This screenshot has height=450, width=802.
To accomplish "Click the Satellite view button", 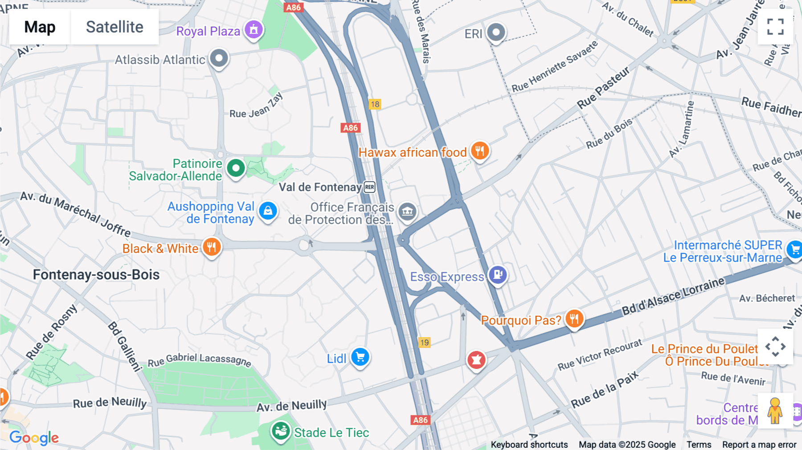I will (x=115, y=27).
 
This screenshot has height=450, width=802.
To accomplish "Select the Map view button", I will (x=40, y=27).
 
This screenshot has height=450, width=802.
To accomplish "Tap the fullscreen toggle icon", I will (x=775, y=27).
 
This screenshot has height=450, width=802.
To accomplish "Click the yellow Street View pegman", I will (x=775, y=410).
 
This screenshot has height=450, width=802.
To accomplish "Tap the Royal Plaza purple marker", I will (x=254, y=30).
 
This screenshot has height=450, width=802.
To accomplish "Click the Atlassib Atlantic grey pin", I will (x=219, y=58).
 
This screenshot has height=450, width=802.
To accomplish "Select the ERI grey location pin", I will (x=496, y=32).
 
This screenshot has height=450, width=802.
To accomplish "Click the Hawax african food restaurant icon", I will (x=480, y=151).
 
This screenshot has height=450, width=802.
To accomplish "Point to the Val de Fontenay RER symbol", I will (x=369, y=187).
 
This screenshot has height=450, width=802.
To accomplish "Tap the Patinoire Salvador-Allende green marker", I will (x=236, y=168).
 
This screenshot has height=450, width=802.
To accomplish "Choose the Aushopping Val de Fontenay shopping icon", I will (x=268, y=211).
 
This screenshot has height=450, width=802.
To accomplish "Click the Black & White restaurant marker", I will (x=212, y=246).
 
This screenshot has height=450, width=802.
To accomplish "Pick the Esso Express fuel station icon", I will (x=498, y=274).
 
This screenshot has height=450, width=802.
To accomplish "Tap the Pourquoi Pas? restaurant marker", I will (x=574, y=319).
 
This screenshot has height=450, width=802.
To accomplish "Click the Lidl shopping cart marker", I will (x=360, y=357).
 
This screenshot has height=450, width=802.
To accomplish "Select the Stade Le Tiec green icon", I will (x=281, y=431).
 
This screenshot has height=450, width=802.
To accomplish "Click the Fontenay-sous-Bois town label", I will (x=96, y=274).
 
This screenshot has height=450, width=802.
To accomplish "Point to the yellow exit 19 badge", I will (x=424, y=343).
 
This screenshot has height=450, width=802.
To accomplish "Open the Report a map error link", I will (x=759, y=444).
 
